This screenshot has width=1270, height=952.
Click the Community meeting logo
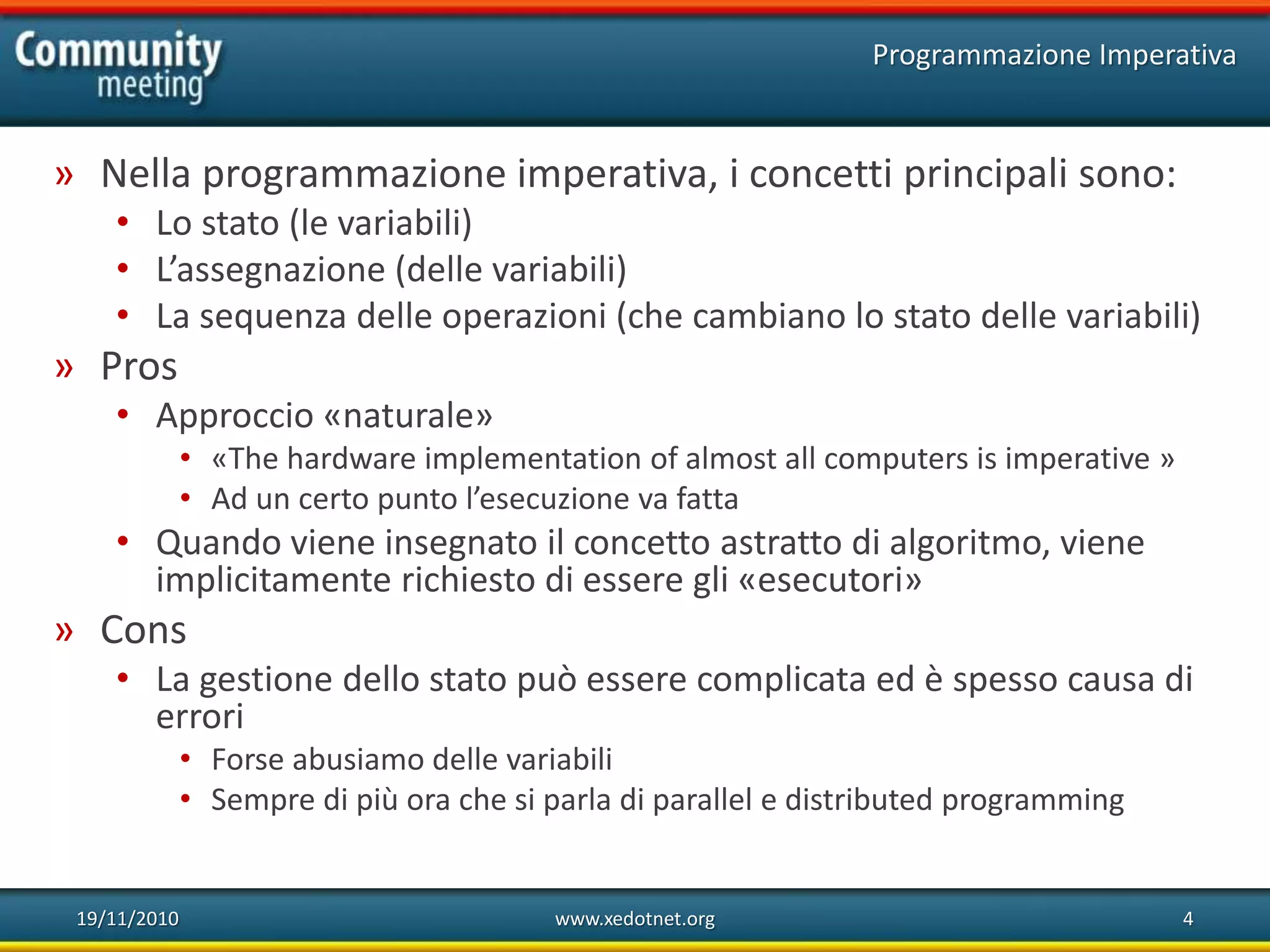click(x=118, y=67)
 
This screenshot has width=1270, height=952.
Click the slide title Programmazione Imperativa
click(x=1054, y=55)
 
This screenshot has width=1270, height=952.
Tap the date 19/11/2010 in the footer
click(x=127, y=919)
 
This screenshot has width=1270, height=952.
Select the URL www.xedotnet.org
click(x=634, y=919)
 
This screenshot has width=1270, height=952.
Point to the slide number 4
click(x=1188, y=919)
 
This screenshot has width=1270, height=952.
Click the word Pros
click(x=139, y=366)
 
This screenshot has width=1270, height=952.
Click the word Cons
click(x=143, y=630)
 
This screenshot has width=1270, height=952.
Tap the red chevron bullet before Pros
click(x=64, y=368)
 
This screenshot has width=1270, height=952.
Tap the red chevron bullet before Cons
click(x=64, y=632)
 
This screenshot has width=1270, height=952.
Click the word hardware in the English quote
click(x=351, y=459)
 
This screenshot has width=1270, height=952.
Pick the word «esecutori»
click(x=830, y=580)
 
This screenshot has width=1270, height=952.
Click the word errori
click(x=199, y=717)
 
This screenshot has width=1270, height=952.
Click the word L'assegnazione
click(x=270, y=270)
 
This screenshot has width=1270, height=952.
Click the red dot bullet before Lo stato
click(x=123, y=222)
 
